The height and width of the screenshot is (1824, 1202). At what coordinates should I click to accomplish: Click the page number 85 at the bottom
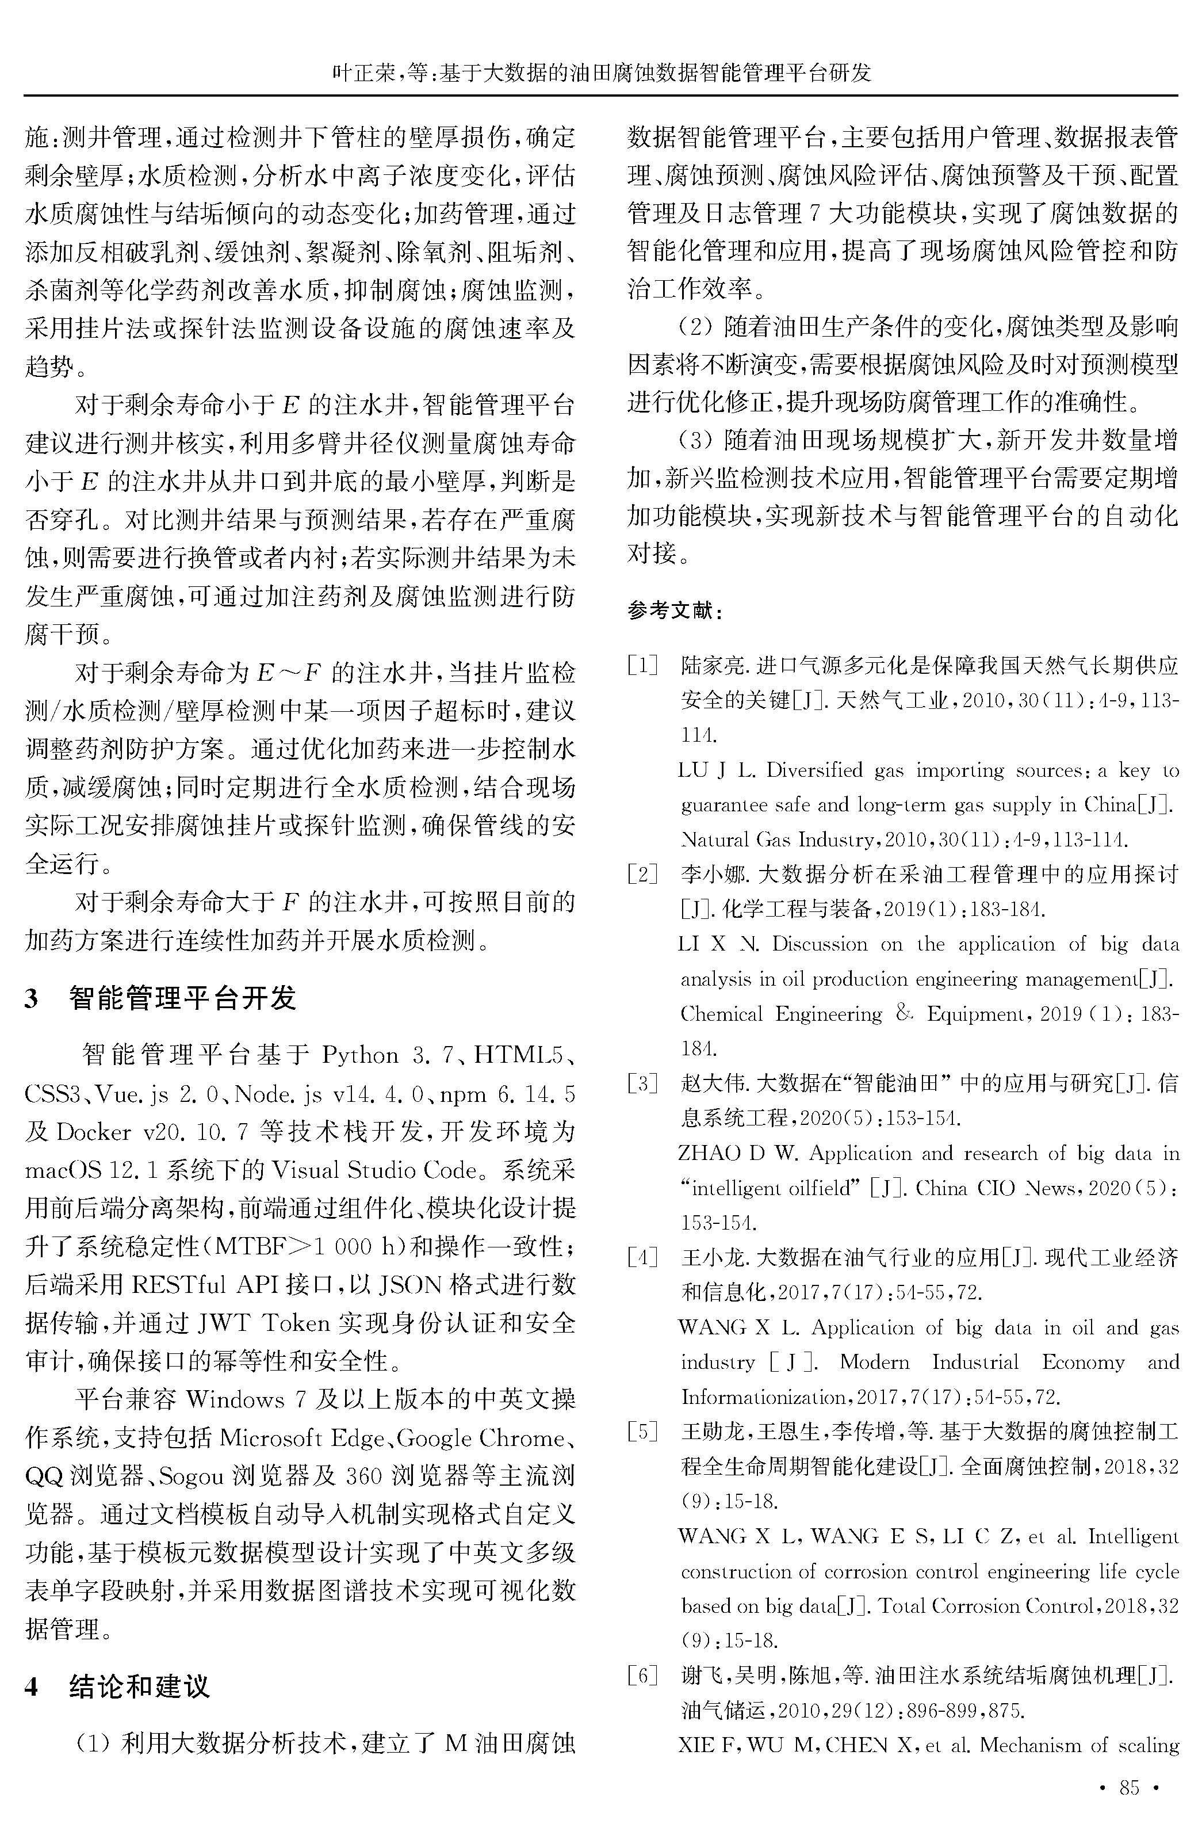click(x=1129, y=1787)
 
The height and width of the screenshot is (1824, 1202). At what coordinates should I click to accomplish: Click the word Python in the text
click(x=360, y=1056)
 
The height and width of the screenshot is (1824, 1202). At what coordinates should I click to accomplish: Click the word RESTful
click(x=179, y=1285)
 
